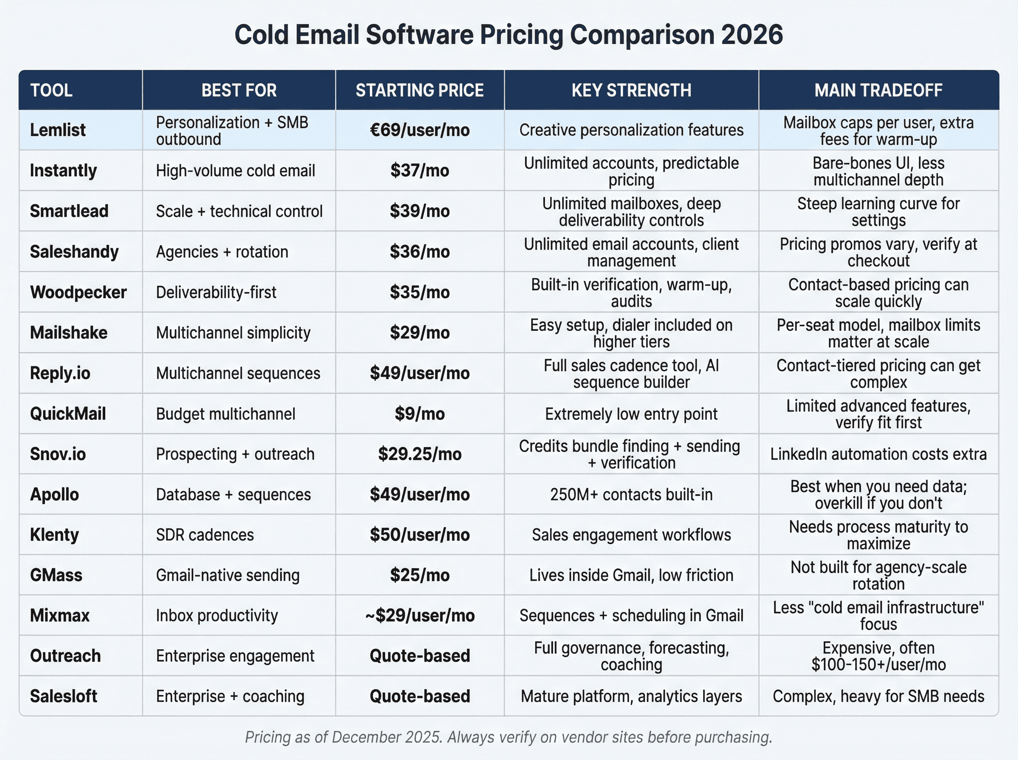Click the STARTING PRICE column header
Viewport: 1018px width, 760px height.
click(420, 90)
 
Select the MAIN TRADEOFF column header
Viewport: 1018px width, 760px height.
click(878, 90)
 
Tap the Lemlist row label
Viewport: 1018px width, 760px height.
click(58, 130)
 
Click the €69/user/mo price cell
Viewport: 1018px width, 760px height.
click(420, 130)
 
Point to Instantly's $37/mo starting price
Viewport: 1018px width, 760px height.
click(420, 170)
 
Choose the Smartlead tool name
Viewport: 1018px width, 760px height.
click(69, 211)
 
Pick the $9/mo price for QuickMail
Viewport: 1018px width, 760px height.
click(420, 414)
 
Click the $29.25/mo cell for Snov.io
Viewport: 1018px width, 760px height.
click(420, 454)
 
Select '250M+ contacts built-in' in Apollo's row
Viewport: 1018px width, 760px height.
click(631, 495)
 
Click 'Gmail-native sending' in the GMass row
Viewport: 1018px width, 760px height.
click(228, 575)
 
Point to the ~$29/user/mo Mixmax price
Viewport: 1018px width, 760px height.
click(420, 615)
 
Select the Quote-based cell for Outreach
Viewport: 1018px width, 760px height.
click(420, 656)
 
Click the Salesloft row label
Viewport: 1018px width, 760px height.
click(64, 696)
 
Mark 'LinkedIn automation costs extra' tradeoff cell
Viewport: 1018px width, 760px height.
click(878, 454)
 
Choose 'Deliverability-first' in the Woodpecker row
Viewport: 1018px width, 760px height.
click(216, 292)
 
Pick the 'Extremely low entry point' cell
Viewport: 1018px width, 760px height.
click(631, 414)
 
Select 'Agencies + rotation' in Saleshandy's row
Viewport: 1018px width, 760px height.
click(222, 251)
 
